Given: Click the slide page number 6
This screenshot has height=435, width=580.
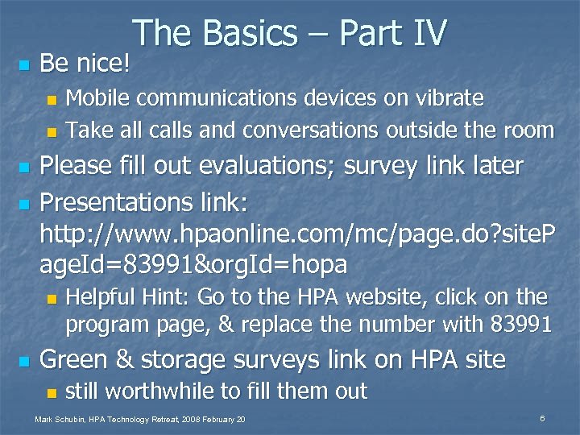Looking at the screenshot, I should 543,419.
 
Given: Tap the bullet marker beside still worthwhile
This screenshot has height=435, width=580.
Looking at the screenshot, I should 51,394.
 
